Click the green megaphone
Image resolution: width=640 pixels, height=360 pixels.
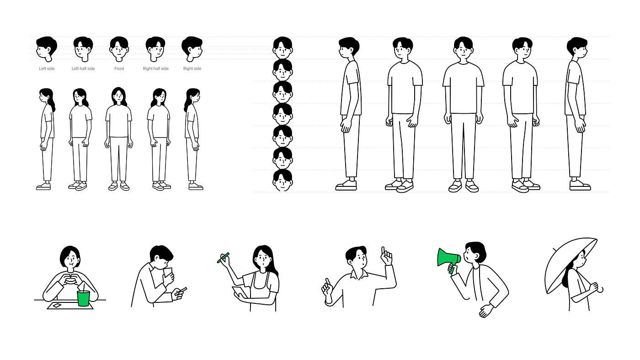[x=447, y=258]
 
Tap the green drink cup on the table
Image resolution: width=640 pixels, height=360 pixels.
[x=83, y=298]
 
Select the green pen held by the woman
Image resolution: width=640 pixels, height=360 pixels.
[x=223, y=258]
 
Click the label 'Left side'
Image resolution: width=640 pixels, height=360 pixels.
[x=47, y=69]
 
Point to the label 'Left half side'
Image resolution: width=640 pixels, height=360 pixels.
[x=83, y=69]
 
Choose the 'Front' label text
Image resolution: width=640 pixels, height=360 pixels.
[x=119, y=69]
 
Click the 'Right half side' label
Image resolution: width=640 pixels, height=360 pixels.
[x=155, y=69]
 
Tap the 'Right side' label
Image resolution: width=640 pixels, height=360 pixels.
[x=192, y=69]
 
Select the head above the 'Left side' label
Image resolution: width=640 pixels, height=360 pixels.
[x=46, y=48]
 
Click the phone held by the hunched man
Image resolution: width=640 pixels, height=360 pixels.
[x=168, y=274]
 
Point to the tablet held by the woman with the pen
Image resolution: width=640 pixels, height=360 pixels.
[x=240, y=292]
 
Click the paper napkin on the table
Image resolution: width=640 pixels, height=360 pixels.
[x=57, y=305]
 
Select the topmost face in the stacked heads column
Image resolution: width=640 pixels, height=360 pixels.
[x=283, y=48]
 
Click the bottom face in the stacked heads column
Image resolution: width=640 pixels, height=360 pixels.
[x=283, y=181]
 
